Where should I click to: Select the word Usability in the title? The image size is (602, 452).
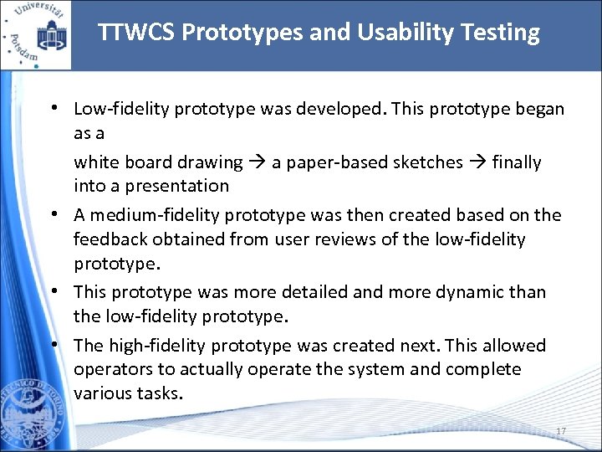(x=392, y=33)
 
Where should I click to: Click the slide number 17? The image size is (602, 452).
(x=561, y=431)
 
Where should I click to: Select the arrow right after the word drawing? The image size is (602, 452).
(x=257, y=162)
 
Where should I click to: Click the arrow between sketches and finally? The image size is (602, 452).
(x=477, y=162)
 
